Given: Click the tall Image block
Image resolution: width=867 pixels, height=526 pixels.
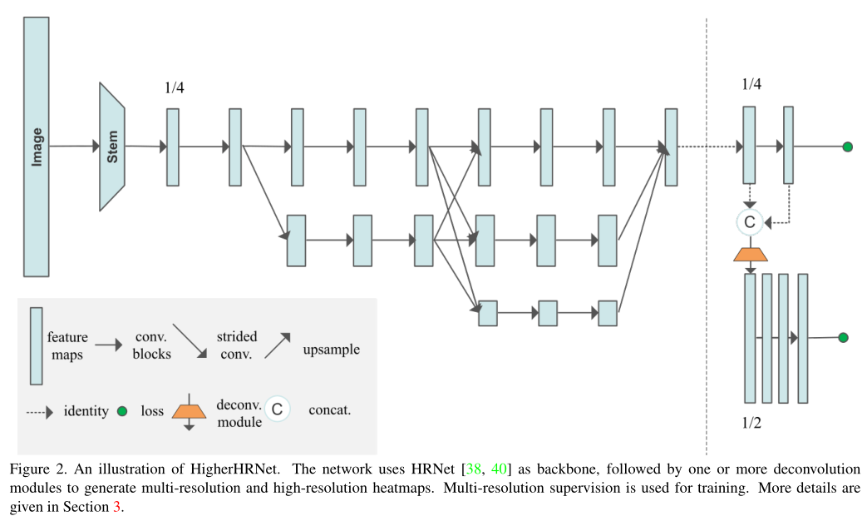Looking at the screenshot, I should (x=36, y=146).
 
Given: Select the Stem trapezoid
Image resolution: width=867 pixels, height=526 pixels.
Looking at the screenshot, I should (x=112, y=146).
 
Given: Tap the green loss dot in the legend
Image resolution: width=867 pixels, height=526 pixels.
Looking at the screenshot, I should (x=122, y=411).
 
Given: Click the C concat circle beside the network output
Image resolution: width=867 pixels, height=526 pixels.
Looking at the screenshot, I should (x=749, y=222).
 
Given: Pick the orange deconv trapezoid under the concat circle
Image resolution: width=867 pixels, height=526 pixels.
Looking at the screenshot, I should (x=750, y=253).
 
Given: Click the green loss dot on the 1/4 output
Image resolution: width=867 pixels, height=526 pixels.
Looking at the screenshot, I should (x=847, y=147).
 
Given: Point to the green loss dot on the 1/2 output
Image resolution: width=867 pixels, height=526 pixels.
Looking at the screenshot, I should (x=843, y=337).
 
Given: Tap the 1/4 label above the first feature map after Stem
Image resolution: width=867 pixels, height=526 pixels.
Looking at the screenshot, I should (x=174, y=88).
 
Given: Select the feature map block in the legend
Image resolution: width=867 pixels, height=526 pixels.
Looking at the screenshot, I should (x=37, y=345).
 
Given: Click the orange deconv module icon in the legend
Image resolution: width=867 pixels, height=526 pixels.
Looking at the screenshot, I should (x=190, y=410).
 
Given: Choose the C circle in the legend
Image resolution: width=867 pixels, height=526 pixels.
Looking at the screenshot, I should (x=278, y=409).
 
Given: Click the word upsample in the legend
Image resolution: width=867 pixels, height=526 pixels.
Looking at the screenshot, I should (x=332, y=350).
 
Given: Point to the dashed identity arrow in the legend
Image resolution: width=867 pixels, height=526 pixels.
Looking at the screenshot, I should (x=40, y=411).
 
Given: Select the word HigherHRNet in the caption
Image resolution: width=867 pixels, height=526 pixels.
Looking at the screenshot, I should (x=175, y=469).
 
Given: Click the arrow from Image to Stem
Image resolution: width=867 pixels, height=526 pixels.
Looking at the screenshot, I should (x=74, y=146).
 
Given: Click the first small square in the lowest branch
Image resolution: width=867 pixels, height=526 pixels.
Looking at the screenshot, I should (x=488, y=313).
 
